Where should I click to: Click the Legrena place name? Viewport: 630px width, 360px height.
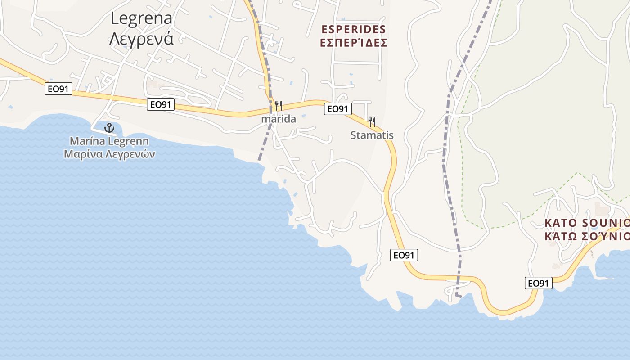(141, 18)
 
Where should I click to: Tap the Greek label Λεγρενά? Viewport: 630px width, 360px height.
(141, 39)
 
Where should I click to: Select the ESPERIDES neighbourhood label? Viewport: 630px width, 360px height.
(354, 29)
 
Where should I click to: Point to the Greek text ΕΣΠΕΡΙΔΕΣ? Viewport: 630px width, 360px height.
(354, 43)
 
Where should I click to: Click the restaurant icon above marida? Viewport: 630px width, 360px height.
(279, 106)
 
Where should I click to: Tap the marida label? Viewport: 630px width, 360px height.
(279, 119)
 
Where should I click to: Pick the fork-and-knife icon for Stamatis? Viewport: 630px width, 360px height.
(372, 121)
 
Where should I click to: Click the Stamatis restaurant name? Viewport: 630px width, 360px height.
(372, 135)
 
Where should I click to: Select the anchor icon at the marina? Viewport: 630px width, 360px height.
(109, 128)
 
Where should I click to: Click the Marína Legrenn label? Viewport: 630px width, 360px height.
(109, 141)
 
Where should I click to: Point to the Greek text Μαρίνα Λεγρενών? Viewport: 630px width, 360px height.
(109, 154)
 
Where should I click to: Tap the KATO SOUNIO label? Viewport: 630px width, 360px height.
(587, 223)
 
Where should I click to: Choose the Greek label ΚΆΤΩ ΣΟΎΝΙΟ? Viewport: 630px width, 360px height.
(587, 236)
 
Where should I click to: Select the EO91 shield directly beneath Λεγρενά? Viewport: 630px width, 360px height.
(161, 104)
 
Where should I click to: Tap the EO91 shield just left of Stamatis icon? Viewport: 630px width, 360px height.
(337, 108)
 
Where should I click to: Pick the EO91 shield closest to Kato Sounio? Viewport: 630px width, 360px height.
(538, 283)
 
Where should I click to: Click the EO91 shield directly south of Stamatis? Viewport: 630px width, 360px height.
(404, 255)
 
